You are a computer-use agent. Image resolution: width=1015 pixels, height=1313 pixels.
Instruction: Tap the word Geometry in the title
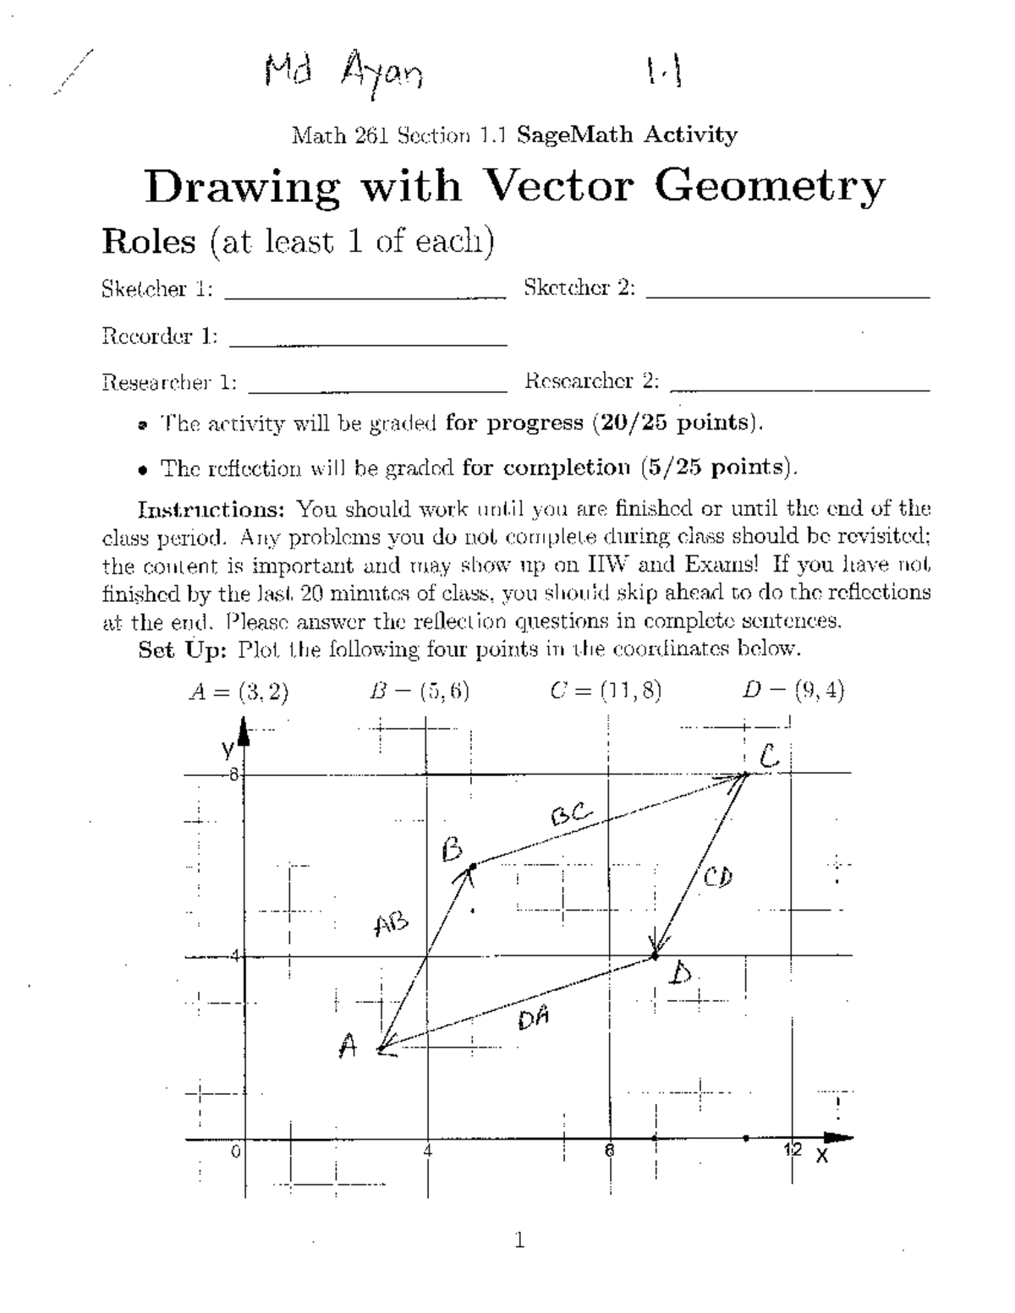pyautogui.click(x=770, y=188)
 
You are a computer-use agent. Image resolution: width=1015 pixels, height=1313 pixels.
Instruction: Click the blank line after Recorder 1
pyautogui.click(x=368, y=343)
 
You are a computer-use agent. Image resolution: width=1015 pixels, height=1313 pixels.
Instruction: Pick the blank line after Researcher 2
pyautogui.click(x=799, y=389)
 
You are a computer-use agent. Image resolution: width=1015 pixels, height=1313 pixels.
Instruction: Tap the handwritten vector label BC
pyautogui.click(x=573, y=815)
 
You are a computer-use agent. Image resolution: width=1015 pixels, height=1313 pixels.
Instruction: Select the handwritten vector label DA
pyautogui.click(x=535, y=1019)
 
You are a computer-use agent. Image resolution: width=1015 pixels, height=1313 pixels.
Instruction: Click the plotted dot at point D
pyautogui.click(x=654, y=956)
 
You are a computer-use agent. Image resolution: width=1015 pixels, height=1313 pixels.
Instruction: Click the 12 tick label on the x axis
pyautogui.click(x=792, y=1149)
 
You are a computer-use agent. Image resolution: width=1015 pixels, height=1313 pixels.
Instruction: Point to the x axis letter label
pyautogui.click(x=821, y=1156)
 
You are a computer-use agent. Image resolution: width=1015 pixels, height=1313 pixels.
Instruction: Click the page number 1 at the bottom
pyautogui.click(x=519, y=1240)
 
